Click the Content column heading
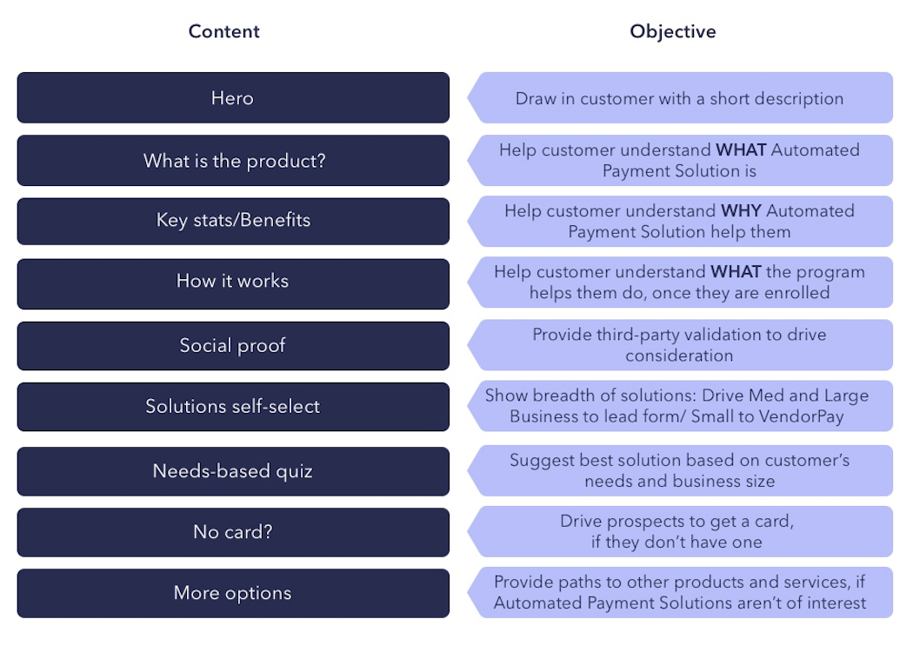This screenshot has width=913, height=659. click(x=224, y=32)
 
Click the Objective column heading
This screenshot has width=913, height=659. click(x=673, y=32)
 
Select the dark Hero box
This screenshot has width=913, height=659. click(x=233, y=97)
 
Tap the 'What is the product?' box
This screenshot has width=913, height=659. click(x=233, y=161)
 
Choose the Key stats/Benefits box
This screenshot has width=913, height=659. click(x=233, y=221)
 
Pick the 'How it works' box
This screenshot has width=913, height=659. click(x=233, y=282)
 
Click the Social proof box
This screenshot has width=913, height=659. click(x=233, y=346)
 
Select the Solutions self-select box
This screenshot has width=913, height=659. click(x=233, y=407)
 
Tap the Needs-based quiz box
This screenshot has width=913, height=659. click(x=233, y=472)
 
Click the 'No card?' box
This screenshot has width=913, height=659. click(x=233, y=532)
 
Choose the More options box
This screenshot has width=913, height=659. click(x=233, y=594)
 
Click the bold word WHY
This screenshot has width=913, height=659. click(x=742, y=211)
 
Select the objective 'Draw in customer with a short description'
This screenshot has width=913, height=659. click(x=679, y=98)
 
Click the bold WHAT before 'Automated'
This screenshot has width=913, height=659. click(x=741, y=150)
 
